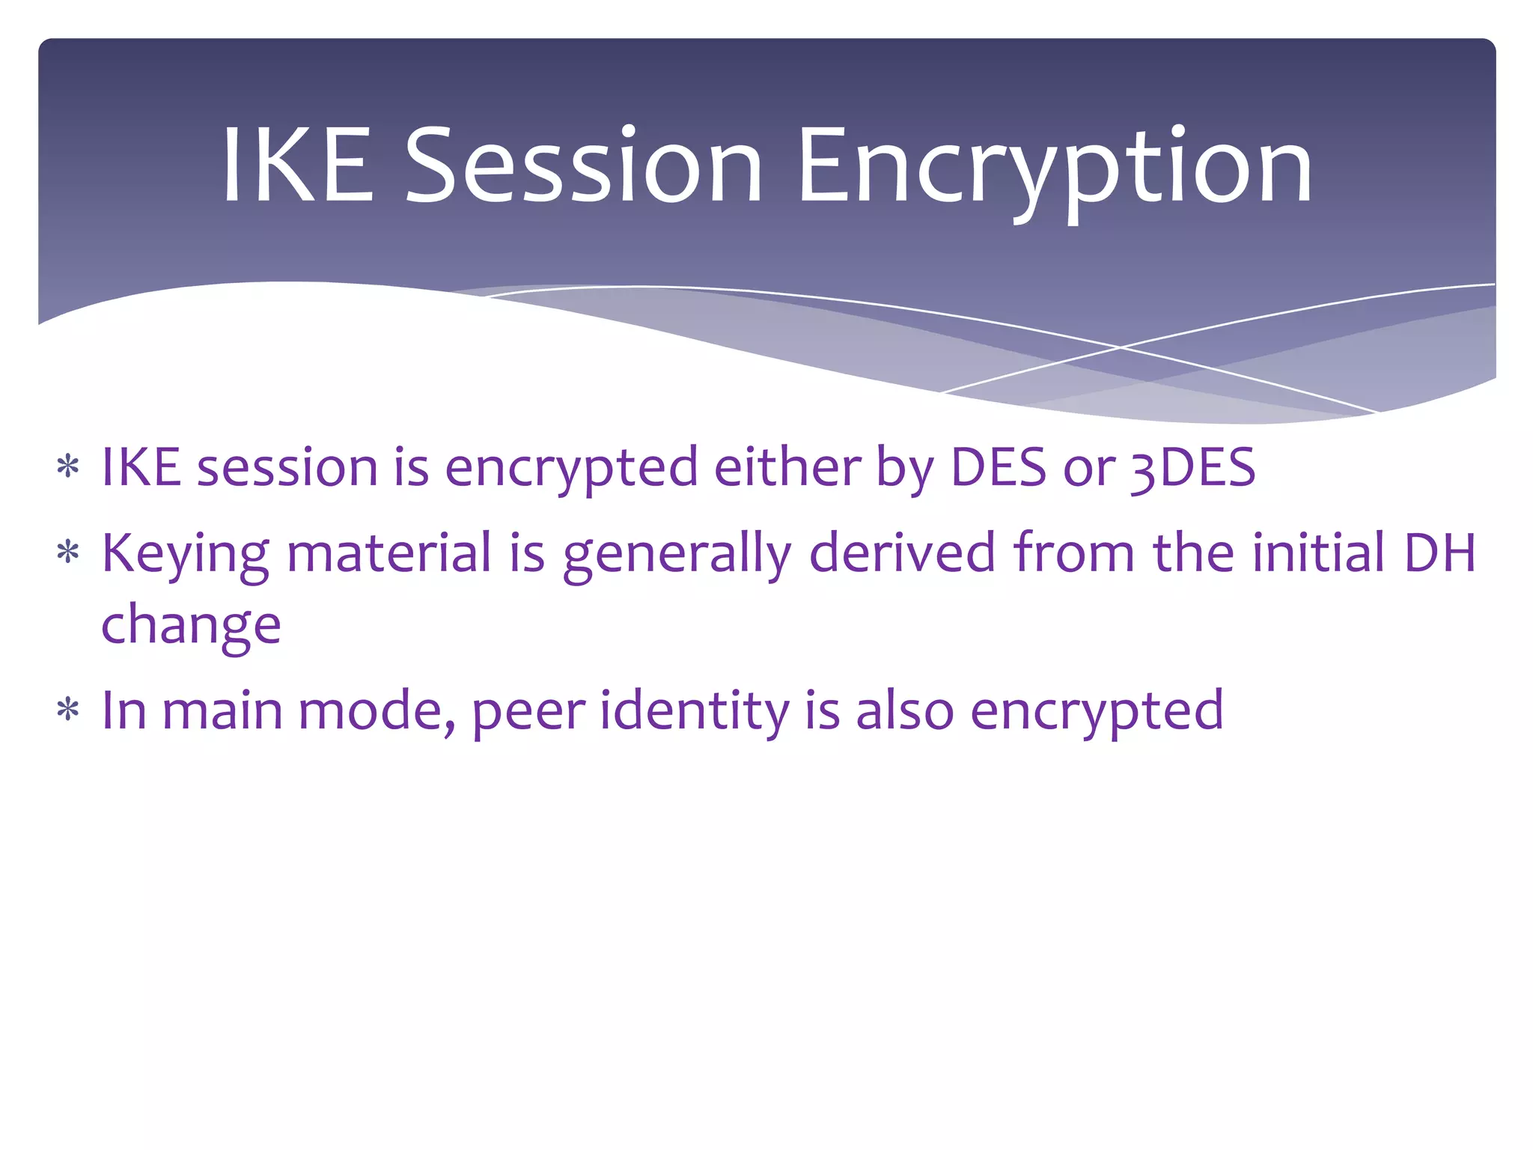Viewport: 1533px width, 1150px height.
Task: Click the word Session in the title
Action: point(583,165)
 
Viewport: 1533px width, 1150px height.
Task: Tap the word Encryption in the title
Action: point(1054,168)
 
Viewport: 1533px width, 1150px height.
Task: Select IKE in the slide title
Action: point(297,165)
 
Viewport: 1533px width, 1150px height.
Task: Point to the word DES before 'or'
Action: point(998,468)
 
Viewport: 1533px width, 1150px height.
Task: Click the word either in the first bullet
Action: point(787,468)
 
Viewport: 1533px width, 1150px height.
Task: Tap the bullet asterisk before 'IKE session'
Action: point(68,467)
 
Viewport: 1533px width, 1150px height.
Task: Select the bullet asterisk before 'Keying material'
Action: point(68,553)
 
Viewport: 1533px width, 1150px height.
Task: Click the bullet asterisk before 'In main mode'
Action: point(68,710)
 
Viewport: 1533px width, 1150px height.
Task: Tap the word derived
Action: point(902,553)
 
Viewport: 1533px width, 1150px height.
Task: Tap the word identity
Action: point(694,711)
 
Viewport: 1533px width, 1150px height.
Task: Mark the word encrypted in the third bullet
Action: point(1097,711)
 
